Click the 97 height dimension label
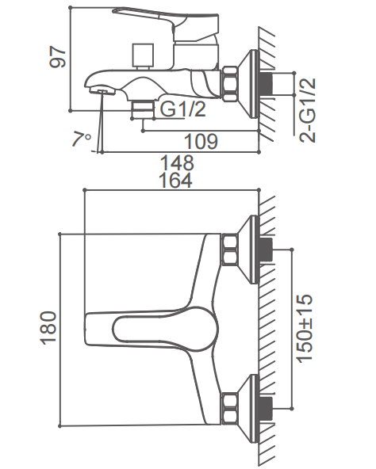tap(58, 57)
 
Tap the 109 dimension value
tap(201, 141)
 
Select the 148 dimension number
tap(178, 163)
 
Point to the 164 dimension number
tap(176, 181)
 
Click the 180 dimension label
tap(48, 329)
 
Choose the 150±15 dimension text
tap(305, 329)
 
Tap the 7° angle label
tap(82, 139)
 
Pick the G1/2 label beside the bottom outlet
tap(183, 109)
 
